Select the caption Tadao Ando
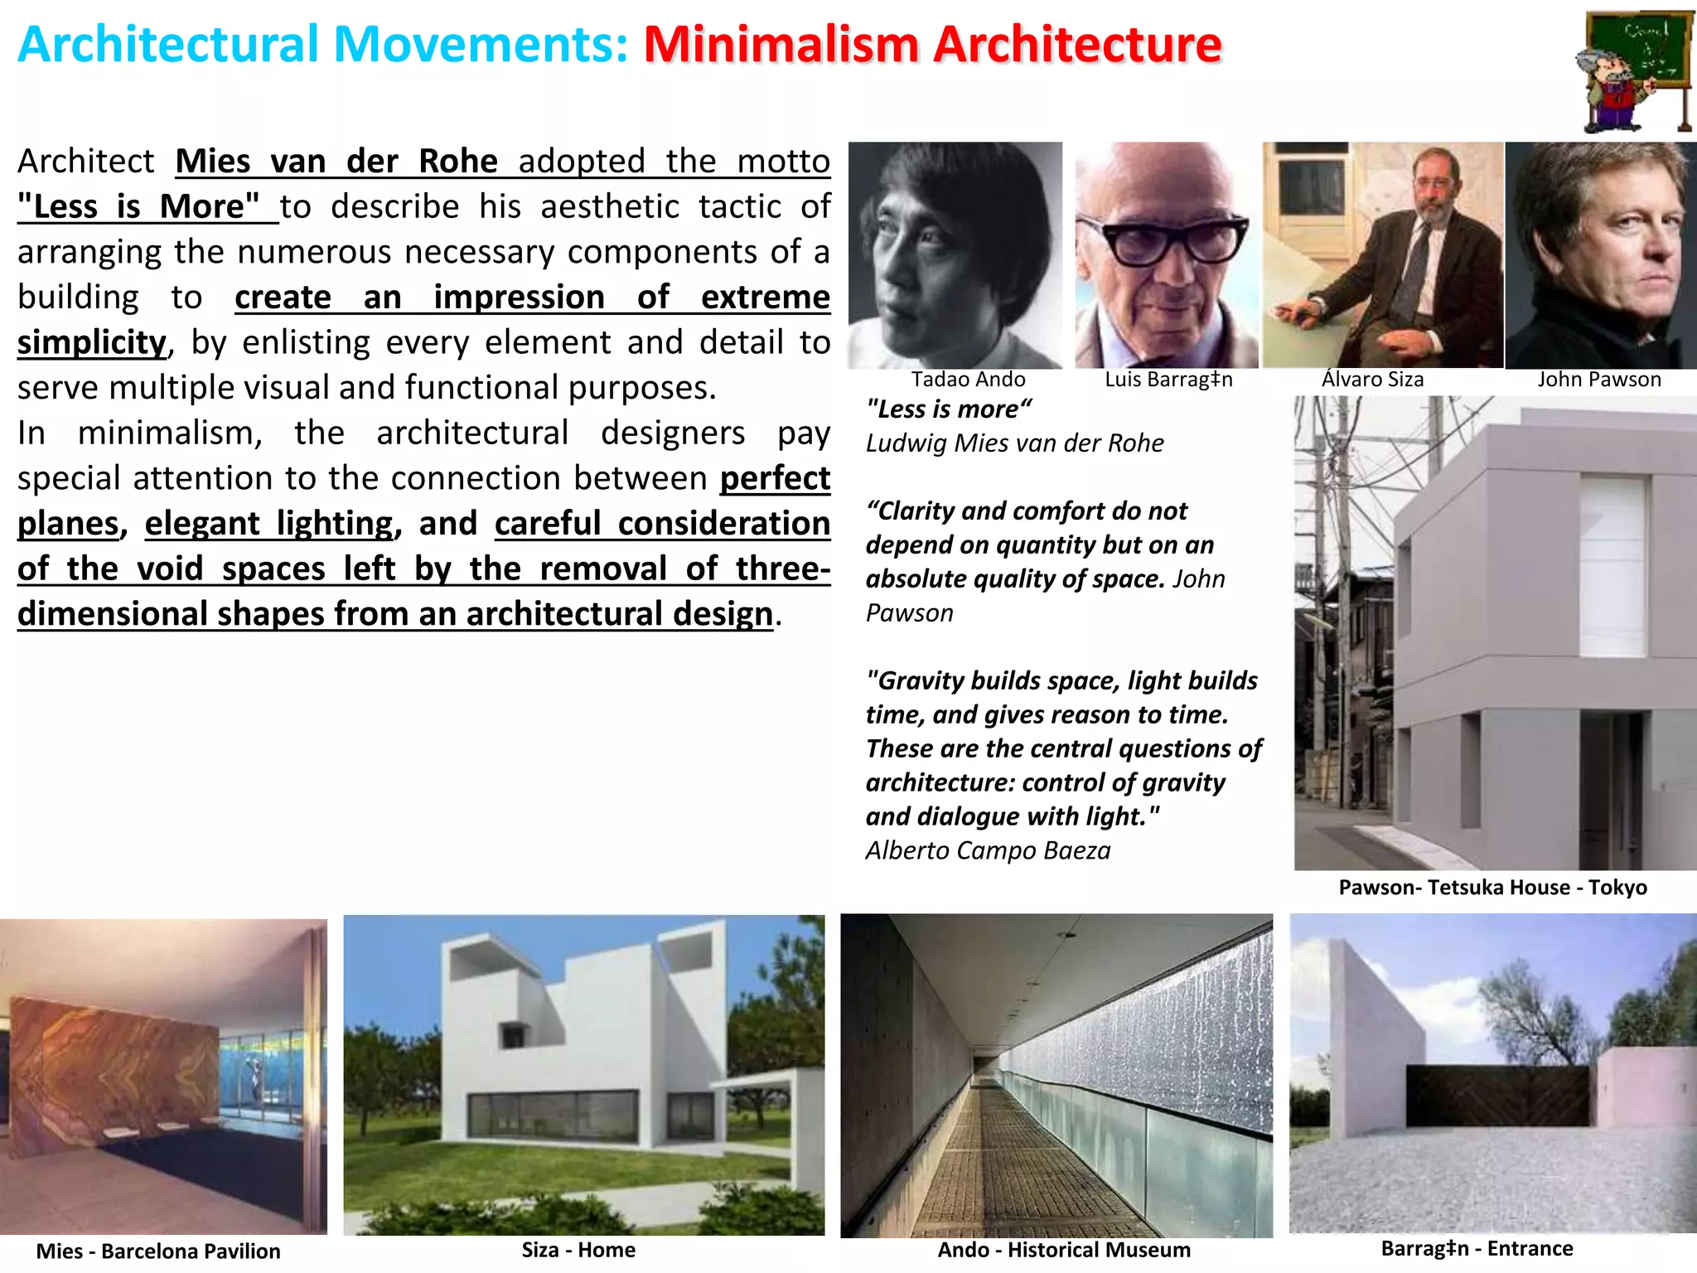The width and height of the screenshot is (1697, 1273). [x=968, y=380]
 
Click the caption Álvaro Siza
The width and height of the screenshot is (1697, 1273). [x=1372, y=380]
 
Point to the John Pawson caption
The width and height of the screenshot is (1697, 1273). [x=1599, y=380]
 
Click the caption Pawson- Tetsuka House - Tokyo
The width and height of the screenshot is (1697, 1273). [x=1492, y=888]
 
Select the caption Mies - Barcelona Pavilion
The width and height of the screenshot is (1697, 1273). [x=158, y=1251]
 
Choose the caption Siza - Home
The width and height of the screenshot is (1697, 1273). [x=578, y=1250]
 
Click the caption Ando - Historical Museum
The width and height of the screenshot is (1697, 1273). [x=1064, y=1250]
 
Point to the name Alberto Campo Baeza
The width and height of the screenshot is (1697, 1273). [x=988, y=851]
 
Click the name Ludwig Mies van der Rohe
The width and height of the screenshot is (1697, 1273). [x=1014, y=443]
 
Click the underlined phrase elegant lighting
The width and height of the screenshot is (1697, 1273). [x=268, y=524]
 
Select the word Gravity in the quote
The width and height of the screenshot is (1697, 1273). [x=921, y=681]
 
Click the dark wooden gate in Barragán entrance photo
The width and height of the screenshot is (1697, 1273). [x=1501, y=1095]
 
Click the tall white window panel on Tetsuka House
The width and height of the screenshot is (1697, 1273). [x=1612, y=567]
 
